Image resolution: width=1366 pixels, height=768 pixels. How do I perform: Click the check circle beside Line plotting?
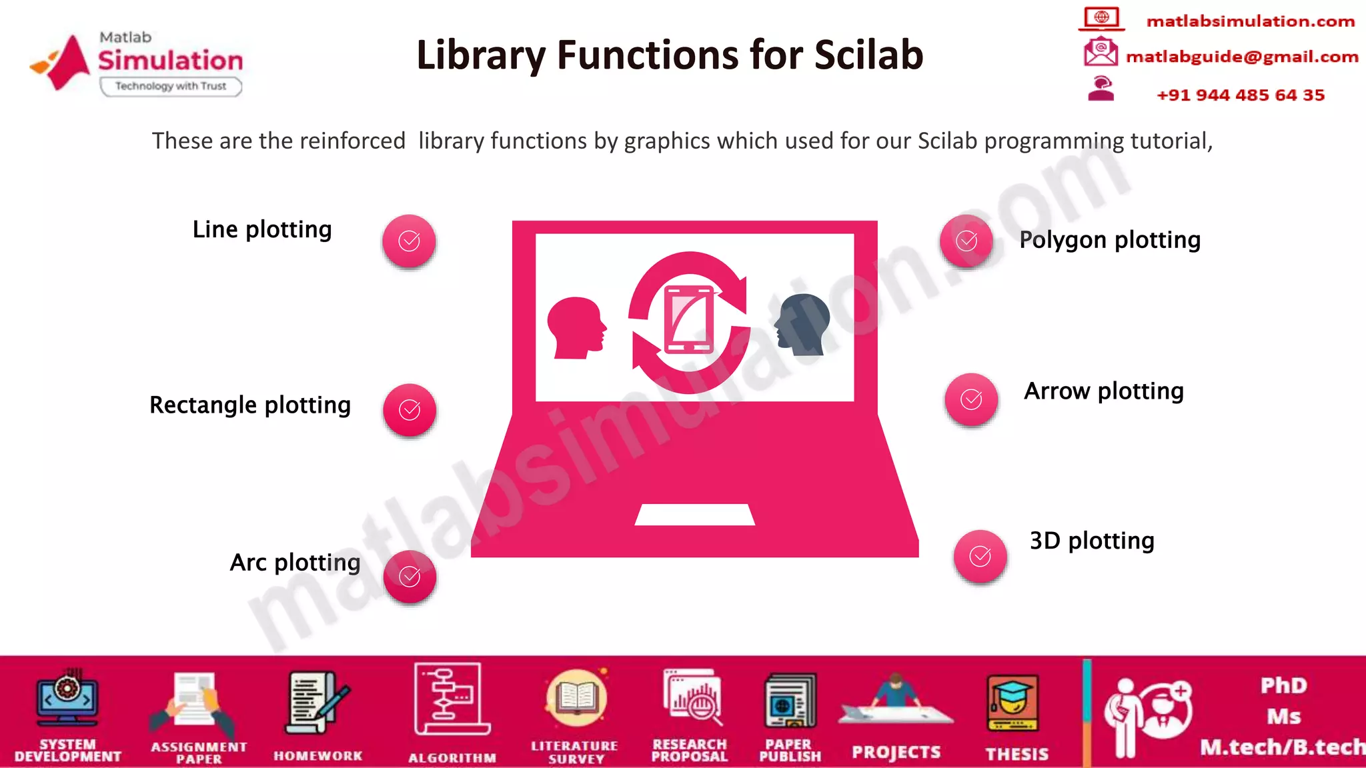[409, 241]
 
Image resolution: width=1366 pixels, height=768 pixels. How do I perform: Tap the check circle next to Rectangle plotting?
[410, 410]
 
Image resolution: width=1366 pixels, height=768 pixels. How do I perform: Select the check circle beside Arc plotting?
[410, 577]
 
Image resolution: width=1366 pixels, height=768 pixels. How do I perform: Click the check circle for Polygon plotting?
[966, 241]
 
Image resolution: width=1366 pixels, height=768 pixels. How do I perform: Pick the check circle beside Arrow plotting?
[971, 399]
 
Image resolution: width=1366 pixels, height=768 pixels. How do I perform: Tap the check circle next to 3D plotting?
[980, 556]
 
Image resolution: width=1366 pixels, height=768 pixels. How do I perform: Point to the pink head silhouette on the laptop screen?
[576, 327]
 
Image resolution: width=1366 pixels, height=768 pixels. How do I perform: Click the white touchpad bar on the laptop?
[694, 515]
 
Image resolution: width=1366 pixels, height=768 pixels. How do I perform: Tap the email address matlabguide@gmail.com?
[1241, 57]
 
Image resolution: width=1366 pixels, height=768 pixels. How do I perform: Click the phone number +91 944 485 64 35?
[1240, 95]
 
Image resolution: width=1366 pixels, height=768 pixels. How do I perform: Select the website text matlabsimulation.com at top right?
[1250, 21]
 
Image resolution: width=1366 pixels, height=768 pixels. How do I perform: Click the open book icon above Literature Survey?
[576, 698]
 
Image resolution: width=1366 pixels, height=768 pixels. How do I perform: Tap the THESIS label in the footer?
[1016, 754]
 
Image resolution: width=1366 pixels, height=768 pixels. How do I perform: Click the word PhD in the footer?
[1283, 685]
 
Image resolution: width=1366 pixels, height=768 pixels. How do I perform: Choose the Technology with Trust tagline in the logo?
[171, 86]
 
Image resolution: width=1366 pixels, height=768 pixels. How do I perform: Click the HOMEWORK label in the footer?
[318, 756]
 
